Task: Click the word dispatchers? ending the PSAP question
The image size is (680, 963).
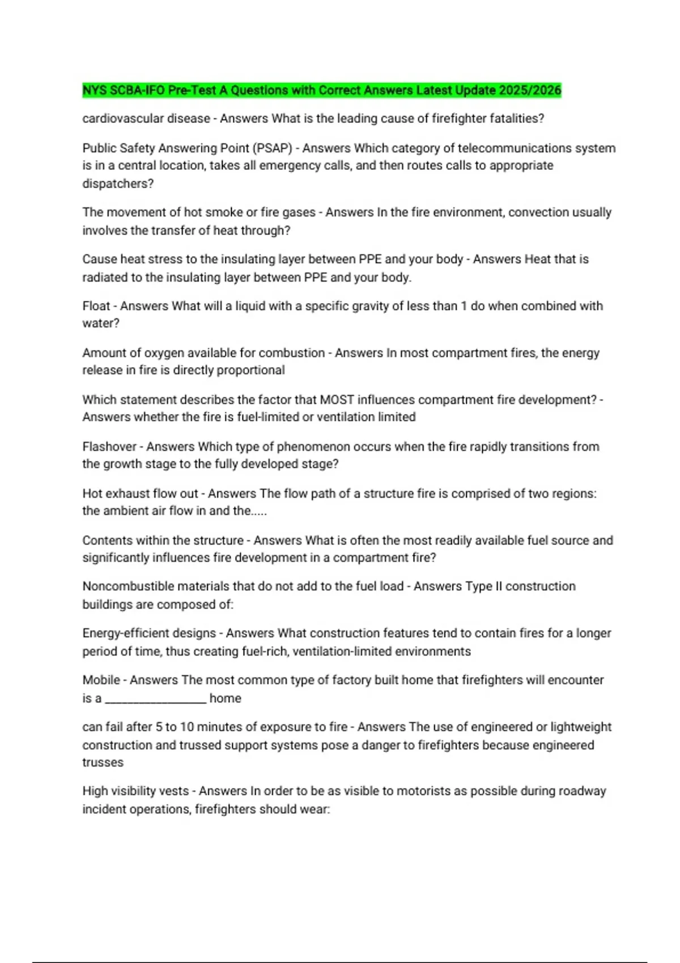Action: [x=118, y=184]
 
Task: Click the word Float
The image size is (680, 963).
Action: [x=96, y=306]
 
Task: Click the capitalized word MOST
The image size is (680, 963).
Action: [x=337, y=400]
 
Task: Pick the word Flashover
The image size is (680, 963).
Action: [x=109, y=446]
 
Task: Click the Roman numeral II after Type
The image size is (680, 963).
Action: [x=499, y=586]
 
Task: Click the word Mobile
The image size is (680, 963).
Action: [x=101, y=680]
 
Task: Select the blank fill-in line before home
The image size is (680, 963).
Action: [x=156, y=699]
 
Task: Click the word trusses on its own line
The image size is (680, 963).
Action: [x=103, y=762]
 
